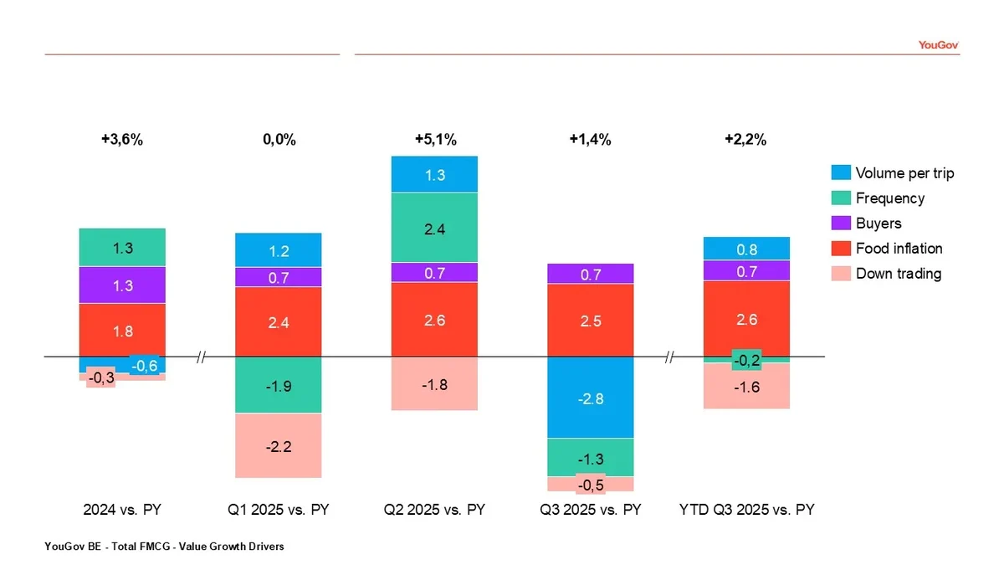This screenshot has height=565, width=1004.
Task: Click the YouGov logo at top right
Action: pyautogui.click(x=937, y=45)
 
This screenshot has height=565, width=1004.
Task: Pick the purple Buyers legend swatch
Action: pyautogui.click(x=841, y=223)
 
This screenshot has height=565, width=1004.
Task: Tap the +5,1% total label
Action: pyautogui.click(x=435, y=140)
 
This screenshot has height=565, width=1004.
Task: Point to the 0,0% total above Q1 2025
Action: pyautogui.click(x=279, y=140)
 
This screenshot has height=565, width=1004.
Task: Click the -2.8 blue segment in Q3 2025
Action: pyautogui.click(x=590, y=398)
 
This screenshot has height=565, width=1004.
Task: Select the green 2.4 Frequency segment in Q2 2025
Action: pyautogui.click(x=435, y=227)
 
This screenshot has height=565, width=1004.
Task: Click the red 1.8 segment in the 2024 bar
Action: pyautogui.click(x=122, y=331)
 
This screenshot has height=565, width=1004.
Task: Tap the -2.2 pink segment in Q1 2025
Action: pyautogui.click(x=279, y=446)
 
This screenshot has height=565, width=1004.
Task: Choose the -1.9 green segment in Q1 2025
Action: pyautogui.click(x=279, y=386)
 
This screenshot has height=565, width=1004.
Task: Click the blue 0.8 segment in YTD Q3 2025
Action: pyautogui.click(x=746, y=249)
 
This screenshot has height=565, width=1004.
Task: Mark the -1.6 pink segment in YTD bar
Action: pyautogui.click(x=746, y=387)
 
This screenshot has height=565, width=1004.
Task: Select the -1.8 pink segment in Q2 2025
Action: pyautogui.click(x=435, y=384)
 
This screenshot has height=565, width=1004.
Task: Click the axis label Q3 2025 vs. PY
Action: pyautogui.click(x=590, y=510)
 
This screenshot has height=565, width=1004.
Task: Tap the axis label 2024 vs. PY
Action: pyautogui.click(x=122, y=510)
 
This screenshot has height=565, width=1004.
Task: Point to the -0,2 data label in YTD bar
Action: pyautogui.click(x=746, y=360)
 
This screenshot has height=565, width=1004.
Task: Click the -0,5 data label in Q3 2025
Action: pyautogui.click(x=590, y=484)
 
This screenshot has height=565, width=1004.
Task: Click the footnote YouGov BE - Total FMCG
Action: pyautogui.click(x=165, y=547)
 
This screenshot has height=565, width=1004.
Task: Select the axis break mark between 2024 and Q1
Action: pyautogui.click(x=201, y=357)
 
